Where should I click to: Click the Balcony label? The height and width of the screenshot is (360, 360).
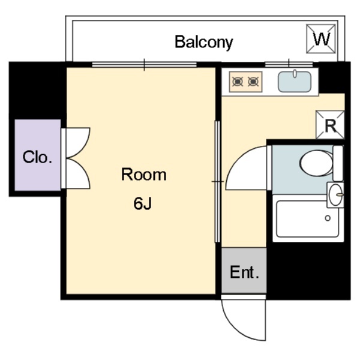tap(203, 42)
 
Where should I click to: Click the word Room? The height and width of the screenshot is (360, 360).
tap(143, 175)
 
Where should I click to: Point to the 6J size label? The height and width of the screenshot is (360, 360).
tap(143, 204)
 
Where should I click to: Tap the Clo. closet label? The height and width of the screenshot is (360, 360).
tap(38, 158)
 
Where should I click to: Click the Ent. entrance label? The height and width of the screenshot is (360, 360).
tap(244, 273)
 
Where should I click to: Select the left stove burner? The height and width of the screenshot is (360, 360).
tap(238, 80)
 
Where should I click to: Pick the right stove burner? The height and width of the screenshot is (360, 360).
tap(253, 80)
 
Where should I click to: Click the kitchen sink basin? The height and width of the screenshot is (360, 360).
tap(295, 81)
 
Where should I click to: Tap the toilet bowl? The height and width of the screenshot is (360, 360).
tap(316, 163)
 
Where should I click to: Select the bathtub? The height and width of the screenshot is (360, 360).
tap(308, 219)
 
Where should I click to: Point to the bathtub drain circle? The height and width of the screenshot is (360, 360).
tap(328, 218)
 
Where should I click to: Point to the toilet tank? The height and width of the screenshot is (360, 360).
tap(338, 163)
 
